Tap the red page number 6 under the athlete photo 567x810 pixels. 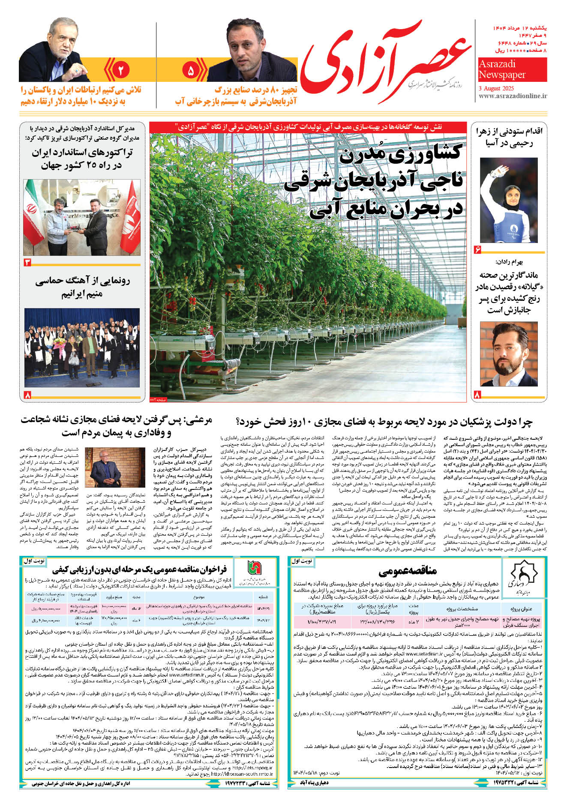coord(477,249)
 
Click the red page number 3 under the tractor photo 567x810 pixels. coord(27,262)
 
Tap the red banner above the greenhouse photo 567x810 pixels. coord(308,127)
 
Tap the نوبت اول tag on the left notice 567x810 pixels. coord(33,560)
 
